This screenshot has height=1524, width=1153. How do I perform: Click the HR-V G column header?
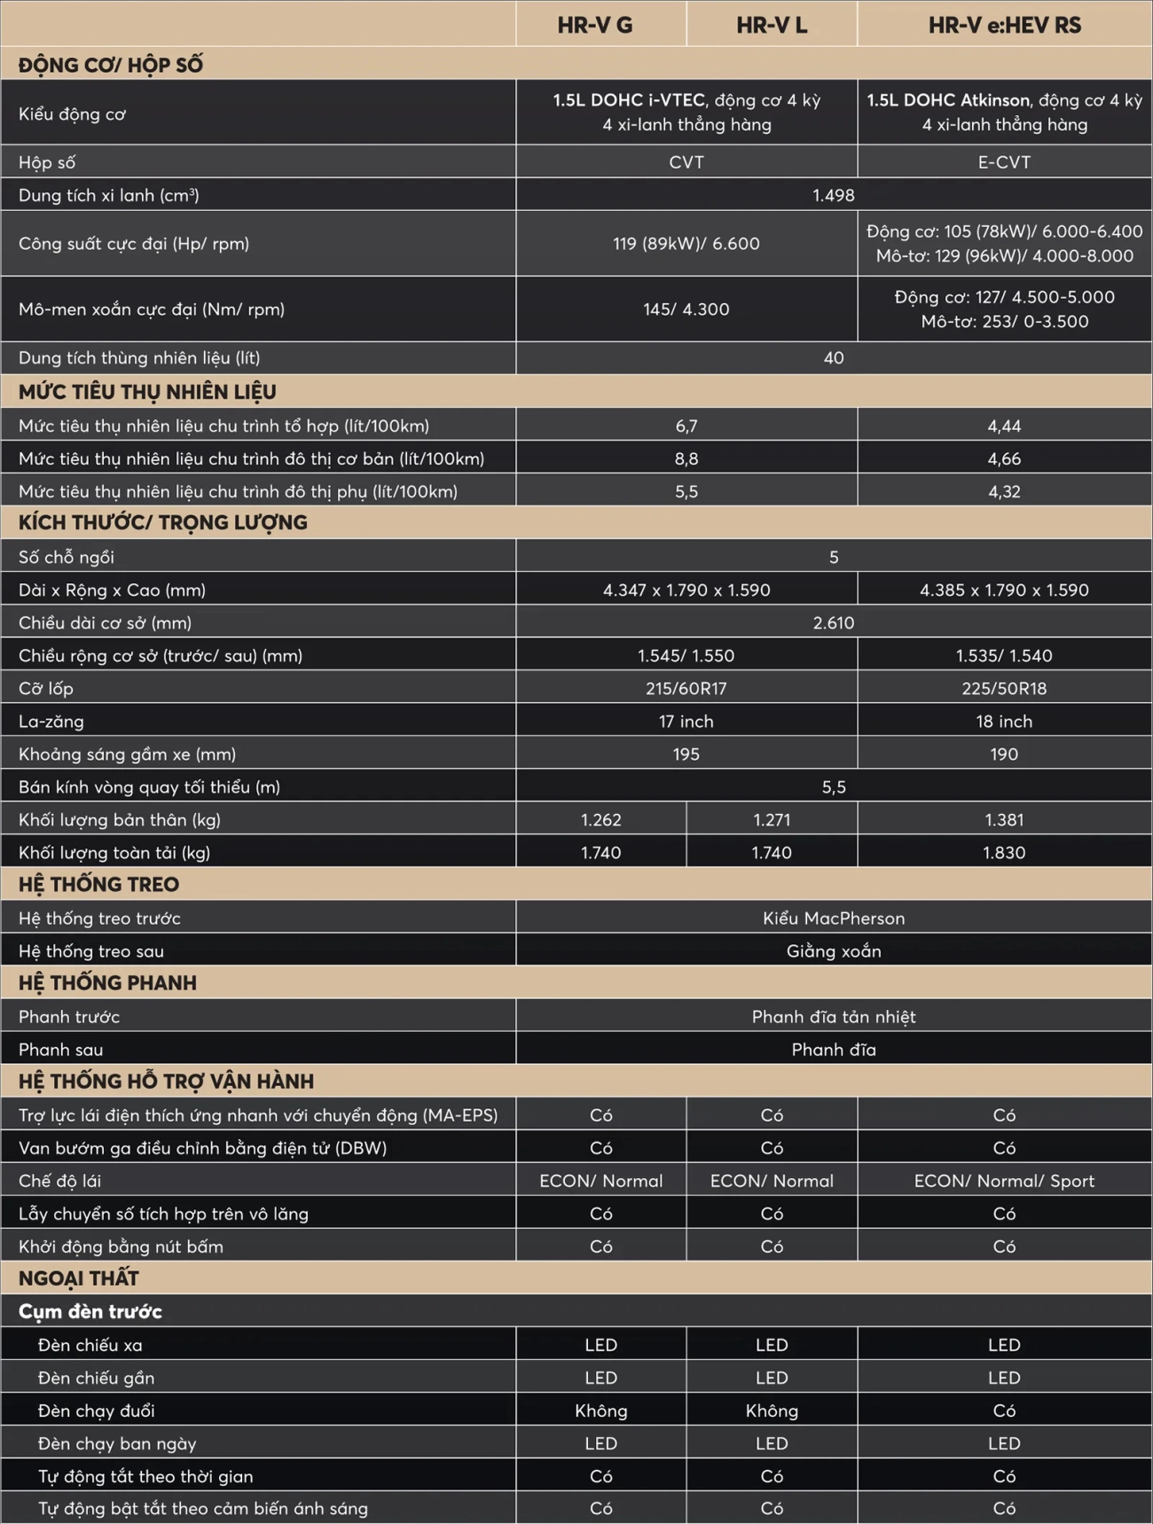(595, 25)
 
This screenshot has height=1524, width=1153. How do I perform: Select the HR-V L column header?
(772, 25)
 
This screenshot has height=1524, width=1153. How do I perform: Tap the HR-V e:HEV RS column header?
(1004, 25)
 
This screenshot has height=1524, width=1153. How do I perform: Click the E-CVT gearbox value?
(1004, 162)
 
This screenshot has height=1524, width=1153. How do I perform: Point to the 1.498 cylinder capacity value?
(833, 195)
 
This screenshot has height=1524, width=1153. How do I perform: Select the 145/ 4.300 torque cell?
(686, 309)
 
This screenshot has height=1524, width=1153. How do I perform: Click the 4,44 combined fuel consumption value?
(1004, 426)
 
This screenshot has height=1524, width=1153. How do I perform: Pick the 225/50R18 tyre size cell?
(1004, 688)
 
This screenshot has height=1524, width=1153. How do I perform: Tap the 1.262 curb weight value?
(600, 819)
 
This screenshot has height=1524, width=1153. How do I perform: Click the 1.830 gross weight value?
(1004, 852)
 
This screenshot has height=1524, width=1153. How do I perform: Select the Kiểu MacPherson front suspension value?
(833, 918)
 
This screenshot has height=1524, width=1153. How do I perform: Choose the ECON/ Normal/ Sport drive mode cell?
(1004, 1181)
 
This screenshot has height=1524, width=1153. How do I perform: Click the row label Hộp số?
(47, 162)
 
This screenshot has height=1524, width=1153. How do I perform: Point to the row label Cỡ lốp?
(46, 688)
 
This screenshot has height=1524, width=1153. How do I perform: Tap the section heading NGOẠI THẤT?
(79, 1278)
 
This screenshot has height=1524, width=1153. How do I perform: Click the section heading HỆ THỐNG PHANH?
(107, 983)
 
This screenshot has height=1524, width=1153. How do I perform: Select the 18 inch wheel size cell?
(1004, 721)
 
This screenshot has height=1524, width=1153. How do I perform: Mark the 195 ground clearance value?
(686, 754)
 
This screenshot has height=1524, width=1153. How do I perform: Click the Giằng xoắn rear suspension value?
(833, 951)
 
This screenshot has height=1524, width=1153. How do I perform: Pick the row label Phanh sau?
(60, 1050)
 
